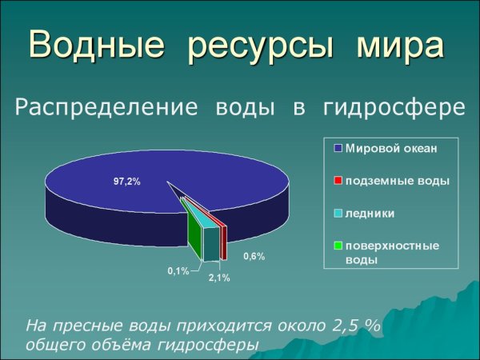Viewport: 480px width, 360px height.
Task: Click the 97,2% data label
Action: (x=126, y=182)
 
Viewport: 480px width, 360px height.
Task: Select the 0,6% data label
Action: (x=254, y=257)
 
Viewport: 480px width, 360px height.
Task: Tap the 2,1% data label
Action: (x=218, y=278)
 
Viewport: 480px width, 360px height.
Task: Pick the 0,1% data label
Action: (x=178, y=271)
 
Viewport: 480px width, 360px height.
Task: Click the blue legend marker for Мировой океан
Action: (x=338, y=148)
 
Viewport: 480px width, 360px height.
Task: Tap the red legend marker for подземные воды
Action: (x=338, y=181)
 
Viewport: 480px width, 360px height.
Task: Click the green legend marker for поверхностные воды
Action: (x=338, y=246)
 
